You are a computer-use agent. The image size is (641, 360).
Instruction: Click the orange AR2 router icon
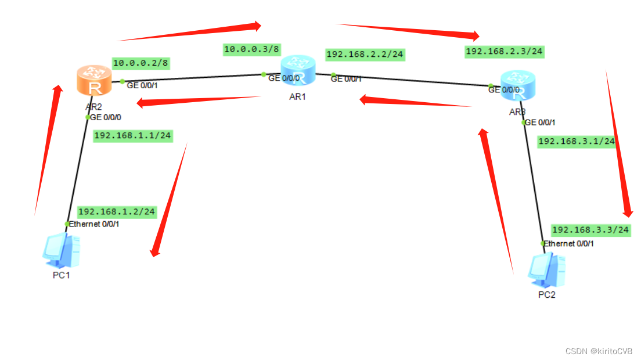pos(93,80)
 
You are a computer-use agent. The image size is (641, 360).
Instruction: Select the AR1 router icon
pos(298,70)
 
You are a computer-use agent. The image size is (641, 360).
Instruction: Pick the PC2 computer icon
pos(546,271)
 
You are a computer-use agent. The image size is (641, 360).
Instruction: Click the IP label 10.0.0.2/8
pos(141,63)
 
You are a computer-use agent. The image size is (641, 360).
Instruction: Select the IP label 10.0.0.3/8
pos(252,50)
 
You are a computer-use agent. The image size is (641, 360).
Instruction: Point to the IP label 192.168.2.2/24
pos(365,55)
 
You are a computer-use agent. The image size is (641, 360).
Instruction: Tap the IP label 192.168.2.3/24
pos(505,52)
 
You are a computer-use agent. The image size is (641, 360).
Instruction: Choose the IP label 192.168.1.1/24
pos(133,136)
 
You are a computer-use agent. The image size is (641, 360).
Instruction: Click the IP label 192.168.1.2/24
pos(117,212)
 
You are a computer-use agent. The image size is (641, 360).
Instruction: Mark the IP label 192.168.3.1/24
pos(577,141)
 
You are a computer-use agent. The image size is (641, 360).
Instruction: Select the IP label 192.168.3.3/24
pos(590,230)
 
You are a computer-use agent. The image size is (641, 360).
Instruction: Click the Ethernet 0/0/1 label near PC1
pos(94,224)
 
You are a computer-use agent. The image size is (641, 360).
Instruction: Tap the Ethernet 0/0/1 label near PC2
pos(568,243)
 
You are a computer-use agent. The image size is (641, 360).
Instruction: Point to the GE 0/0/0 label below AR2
pos(106,117)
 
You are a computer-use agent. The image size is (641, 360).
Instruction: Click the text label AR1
pos(297,97)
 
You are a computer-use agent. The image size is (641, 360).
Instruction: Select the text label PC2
pos(546,295)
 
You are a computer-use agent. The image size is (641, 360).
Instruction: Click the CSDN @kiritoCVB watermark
pos(599,351)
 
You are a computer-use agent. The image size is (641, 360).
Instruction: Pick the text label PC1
pos(61,275)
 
